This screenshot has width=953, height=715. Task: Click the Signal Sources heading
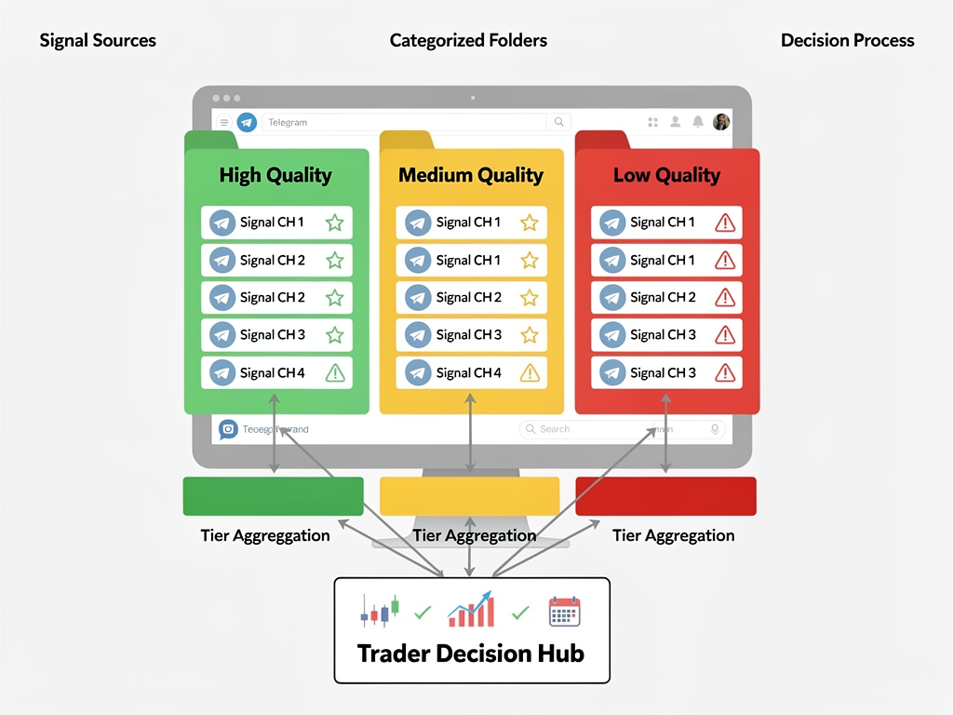click(x=98, y=41)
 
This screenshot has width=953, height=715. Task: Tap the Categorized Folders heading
click(x=468, y=41)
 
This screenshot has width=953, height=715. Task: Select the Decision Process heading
click(x=847, y=41)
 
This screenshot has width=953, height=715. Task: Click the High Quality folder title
click(x=275, y=175)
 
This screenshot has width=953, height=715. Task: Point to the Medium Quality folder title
click(x=471, y=175)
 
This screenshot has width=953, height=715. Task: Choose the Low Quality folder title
click(x=666, y=175)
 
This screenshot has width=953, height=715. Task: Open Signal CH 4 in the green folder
click(x=272, y=372)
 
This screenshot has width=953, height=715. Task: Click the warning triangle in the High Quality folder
click(x=335, y=372)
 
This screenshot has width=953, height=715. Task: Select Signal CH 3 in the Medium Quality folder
click(x=468, y=334)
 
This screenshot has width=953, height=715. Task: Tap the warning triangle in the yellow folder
click(x=530, y=372)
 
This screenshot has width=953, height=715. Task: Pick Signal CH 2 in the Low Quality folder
click(x=663, y=297)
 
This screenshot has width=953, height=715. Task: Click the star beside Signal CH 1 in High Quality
click(x=335, y=223)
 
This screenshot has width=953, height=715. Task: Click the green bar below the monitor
click(x=273, y=496)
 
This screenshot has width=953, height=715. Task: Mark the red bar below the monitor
click(x=665, y=496)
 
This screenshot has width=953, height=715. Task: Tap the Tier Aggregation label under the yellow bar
click(x=474, y=535)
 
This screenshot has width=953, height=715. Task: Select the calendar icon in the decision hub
click(x=564, y=611)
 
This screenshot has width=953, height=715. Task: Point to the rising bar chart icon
click(x=471, y=609)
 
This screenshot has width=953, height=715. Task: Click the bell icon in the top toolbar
click(x=698, y=122)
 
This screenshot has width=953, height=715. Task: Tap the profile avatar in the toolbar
click(x=721, y=122)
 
